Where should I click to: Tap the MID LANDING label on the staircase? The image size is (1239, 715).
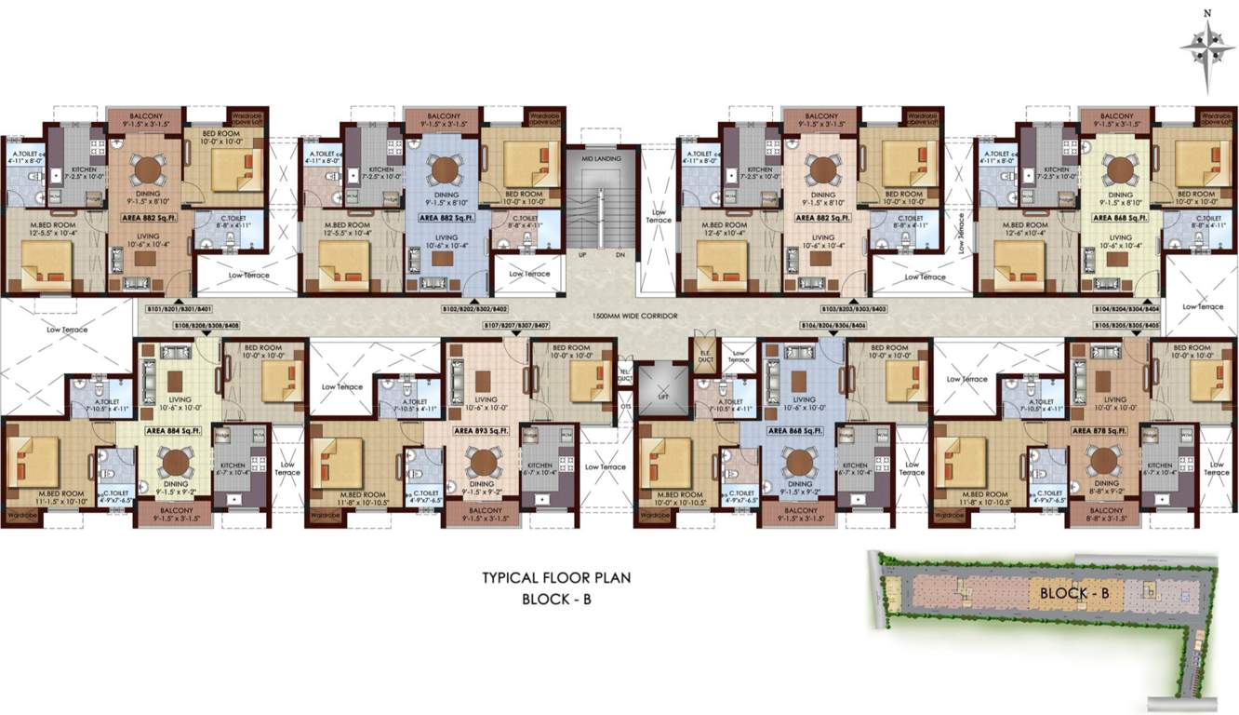pos(601,159)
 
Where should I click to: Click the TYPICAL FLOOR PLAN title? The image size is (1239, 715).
pos(556,577)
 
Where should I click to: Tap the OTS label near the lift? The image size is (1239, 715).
pos(626,404)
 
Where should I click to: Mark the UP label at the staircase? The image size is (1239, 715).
pos(582,253)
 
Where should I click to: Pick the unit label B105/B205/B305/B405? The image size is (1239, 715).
pos(1126,325)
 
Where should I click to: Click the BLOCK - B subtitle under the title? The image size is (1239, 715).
pos(556,600)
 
